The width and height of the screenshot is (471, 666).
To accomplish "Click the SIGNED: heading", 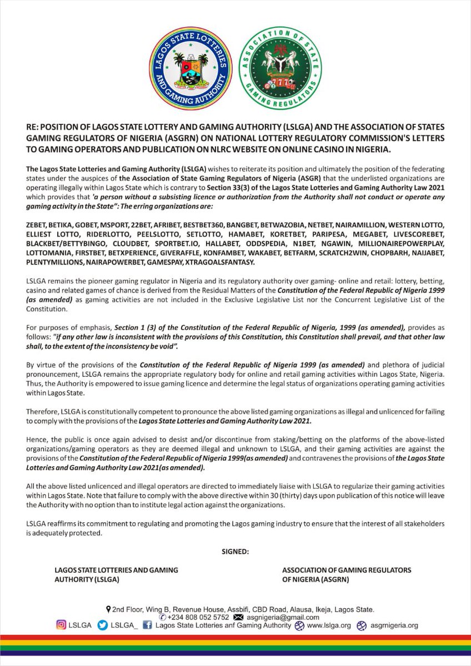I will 235,551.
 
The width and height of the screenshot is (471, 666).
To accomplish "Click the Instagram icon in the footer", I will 61,625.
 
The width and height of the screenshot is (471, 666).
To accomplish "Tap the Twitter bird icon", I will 102,625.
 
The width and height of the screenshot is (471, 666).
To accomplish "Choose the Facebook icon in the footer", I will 148,625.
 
